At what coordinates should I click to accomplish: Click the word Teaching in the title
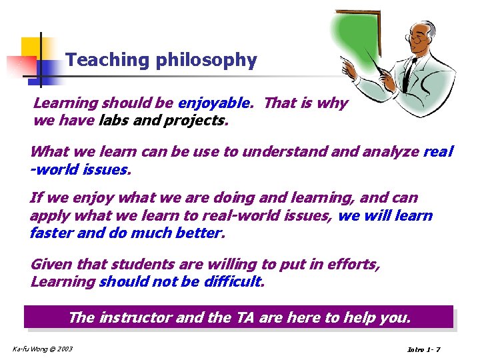click(x=108, y=61)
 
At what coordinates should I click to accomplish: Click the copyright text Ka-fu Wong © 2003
click(x=43, y=349)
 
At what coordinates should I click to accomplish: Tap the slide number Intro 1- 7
click(x=423, y=350)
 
